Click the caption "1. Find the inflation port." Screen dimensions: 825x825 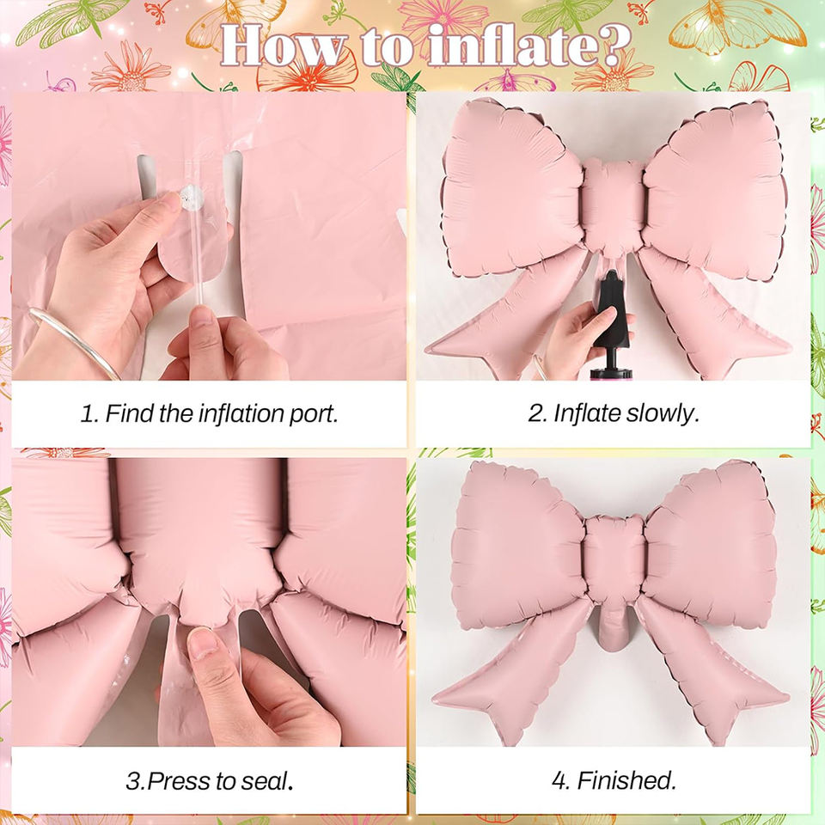(209, 413)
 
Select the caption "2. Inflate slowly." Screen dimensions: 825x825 (614, 413)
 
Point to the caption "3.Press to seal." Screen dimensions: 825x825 (209, 781)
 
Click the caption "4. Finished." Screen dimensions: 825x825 (614, 781)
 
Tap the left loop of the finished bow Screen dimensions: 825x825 (518, 547)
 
